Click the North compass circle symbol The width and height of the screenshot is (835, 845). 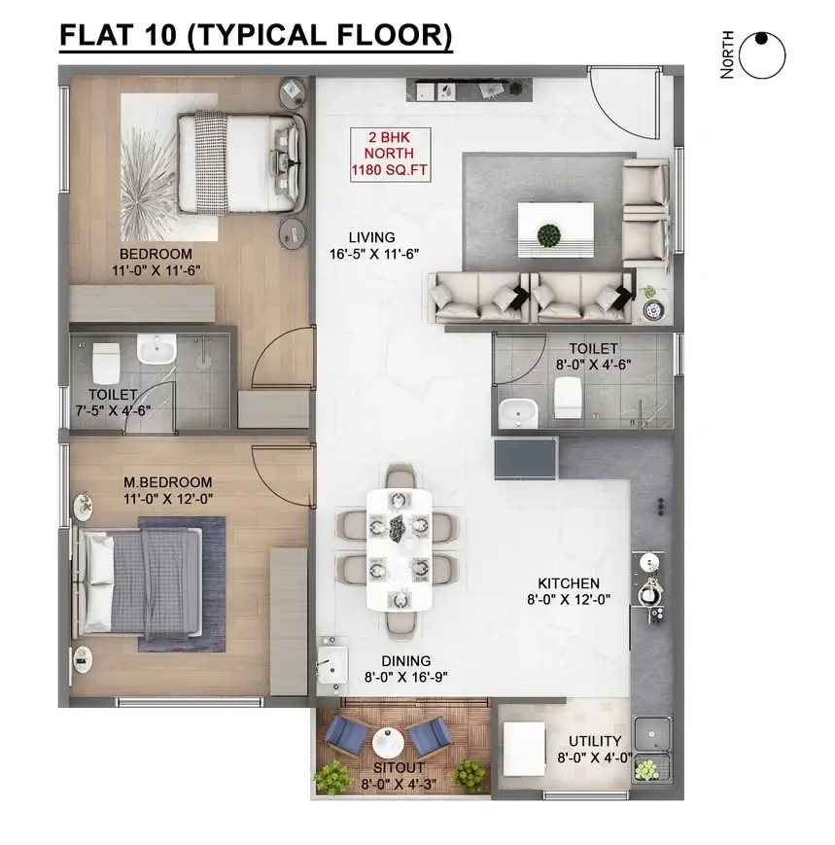tap(762, 55)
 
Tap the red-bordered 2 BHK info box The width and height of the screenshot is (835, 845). tap(390, 155)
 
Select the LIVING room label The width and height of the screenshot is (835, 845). tap(371, 237)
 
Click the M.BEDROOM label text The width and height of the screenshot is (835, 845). tap(167, 482)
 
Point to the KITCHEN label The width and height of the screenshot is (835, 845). tap(569, 583)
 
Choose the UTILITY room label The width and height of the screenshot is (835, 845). tap(595, 741)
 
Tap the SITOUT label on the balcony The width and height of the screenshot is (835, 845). tap(399, 767)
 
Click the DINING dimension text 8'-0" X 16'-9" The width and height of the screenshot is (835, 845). tap(405, 677)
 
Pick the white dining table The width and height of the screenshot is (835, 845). tap(400, 549)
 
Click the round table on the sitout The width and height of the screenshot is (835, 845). tap(388, 743)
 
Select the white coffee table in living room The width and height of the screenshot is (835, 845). tap(556, 230)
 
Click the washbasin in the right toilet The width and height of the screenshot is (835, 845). tap(518, 413)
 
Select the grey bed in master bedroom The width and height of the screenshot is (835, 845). tap(141, 582)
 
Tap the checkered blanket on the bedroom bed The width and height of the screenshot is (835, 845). tap(211, 162)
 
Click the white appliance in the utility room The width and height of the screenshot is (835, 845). tap(524, 749)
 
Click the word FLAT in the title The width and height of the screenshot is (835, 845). tap(96, 34)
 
